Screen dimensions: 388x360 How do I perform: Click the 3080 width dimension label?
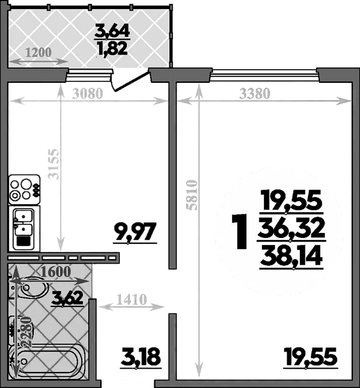(87, 94)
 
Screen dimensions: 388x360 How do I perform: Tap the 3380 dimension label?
(256, 94)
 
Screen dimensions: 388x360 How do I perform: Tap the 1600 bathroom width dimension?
(56, 272)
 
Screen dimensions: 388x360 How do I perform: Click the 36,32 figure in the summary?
(292, 229)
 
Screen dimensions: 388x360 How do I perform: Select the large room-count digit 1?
(239, 232)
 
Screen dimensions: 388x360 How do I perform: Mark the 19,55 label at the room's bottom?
(309, 357)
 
